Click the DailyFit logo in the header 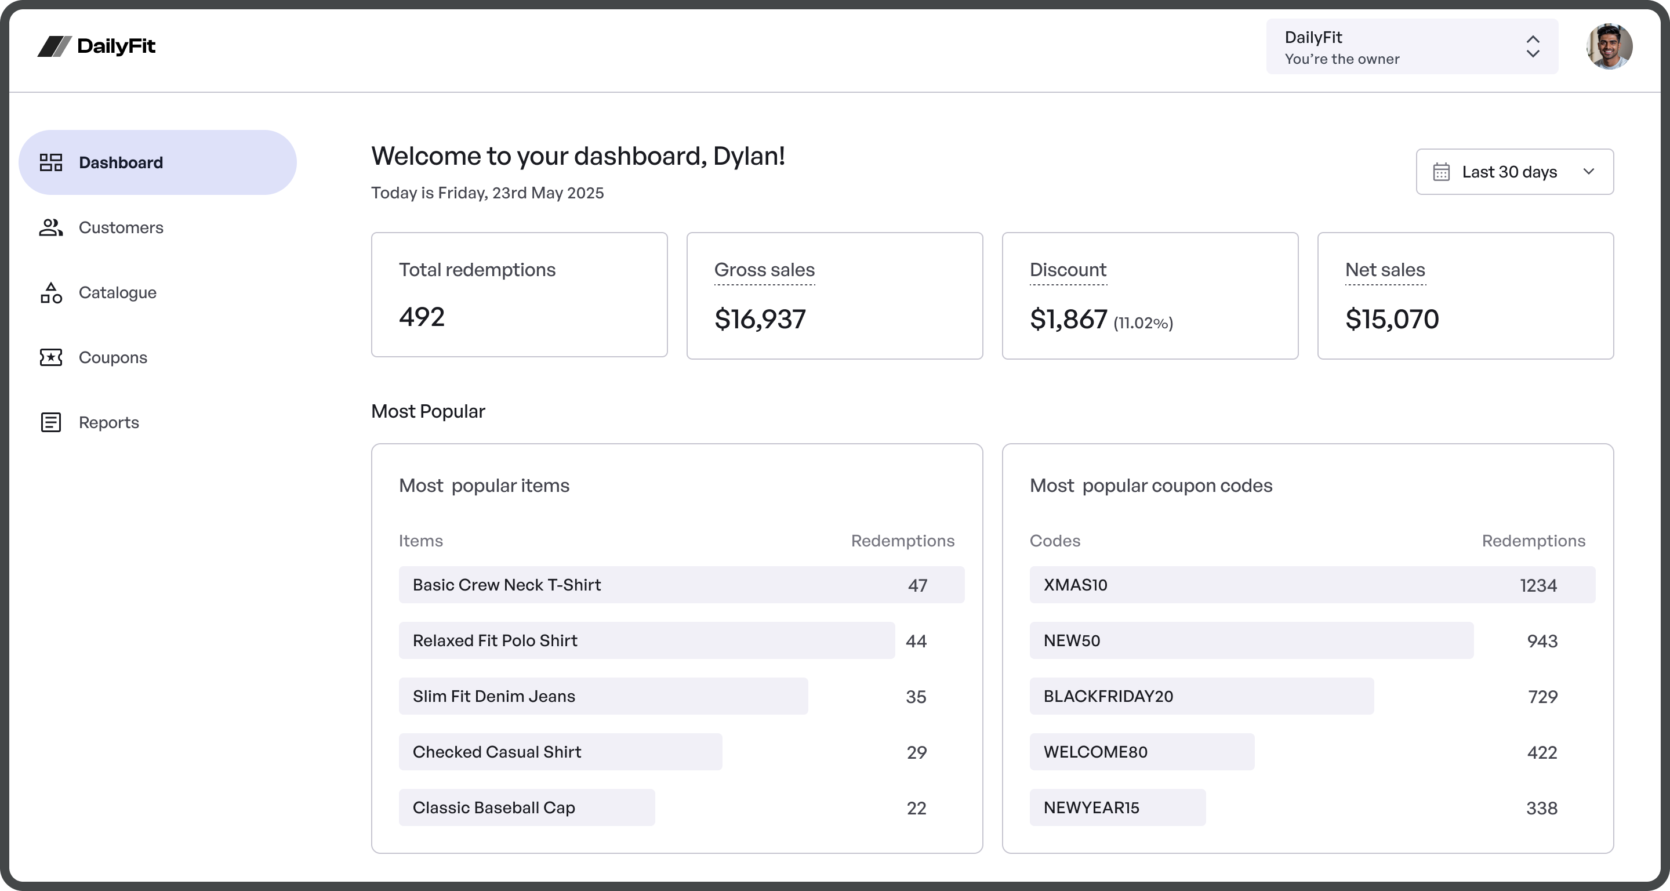pyautogui.click(x=97, y=46)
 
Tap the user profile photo pyautogui.click(x=1609, y=46)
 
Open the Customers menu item pyautogui.click(x=121, y=227)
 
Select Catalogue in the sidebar pyautogui.click(x=117, y=292)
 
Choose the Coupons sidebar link pyautogui.click(x=113, y=357)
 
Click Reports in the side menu pyautogui.click(x=109, y=422)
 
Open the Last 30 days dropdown pyautogui.click(x=1515, y=172)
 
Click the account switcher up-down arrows pyautogui.click(x=1533, y=46)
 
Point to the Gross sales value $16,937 pyautogui.click(x=760, y=319)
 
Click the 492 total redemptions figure pyautogui.click(x=422, y=317)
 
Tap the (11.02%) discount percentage pyautogui.click(x=1143, y=323)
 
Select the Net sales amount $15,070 pyautogui.click(x=1392, y=319)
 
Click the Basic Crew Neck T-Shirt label pyautogui.click(x=506, y=585)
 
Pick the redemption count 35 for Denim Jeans pyautogui.click(x=916, y=697)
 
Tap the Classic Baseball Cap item pyautogui.click(x=493, y=807)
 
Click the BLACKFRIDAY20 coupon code pyautogui.click(x=1108, y=697)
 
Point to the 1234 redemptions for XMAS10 pyautogui.click(x=1538, y=585)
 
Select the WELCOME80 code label pyautogui.click(x=1095, y=752)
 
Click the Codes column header pyautogui.click(x=1055, y=541)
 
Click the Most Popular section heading pyautogui.click(x=428, y=411)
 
